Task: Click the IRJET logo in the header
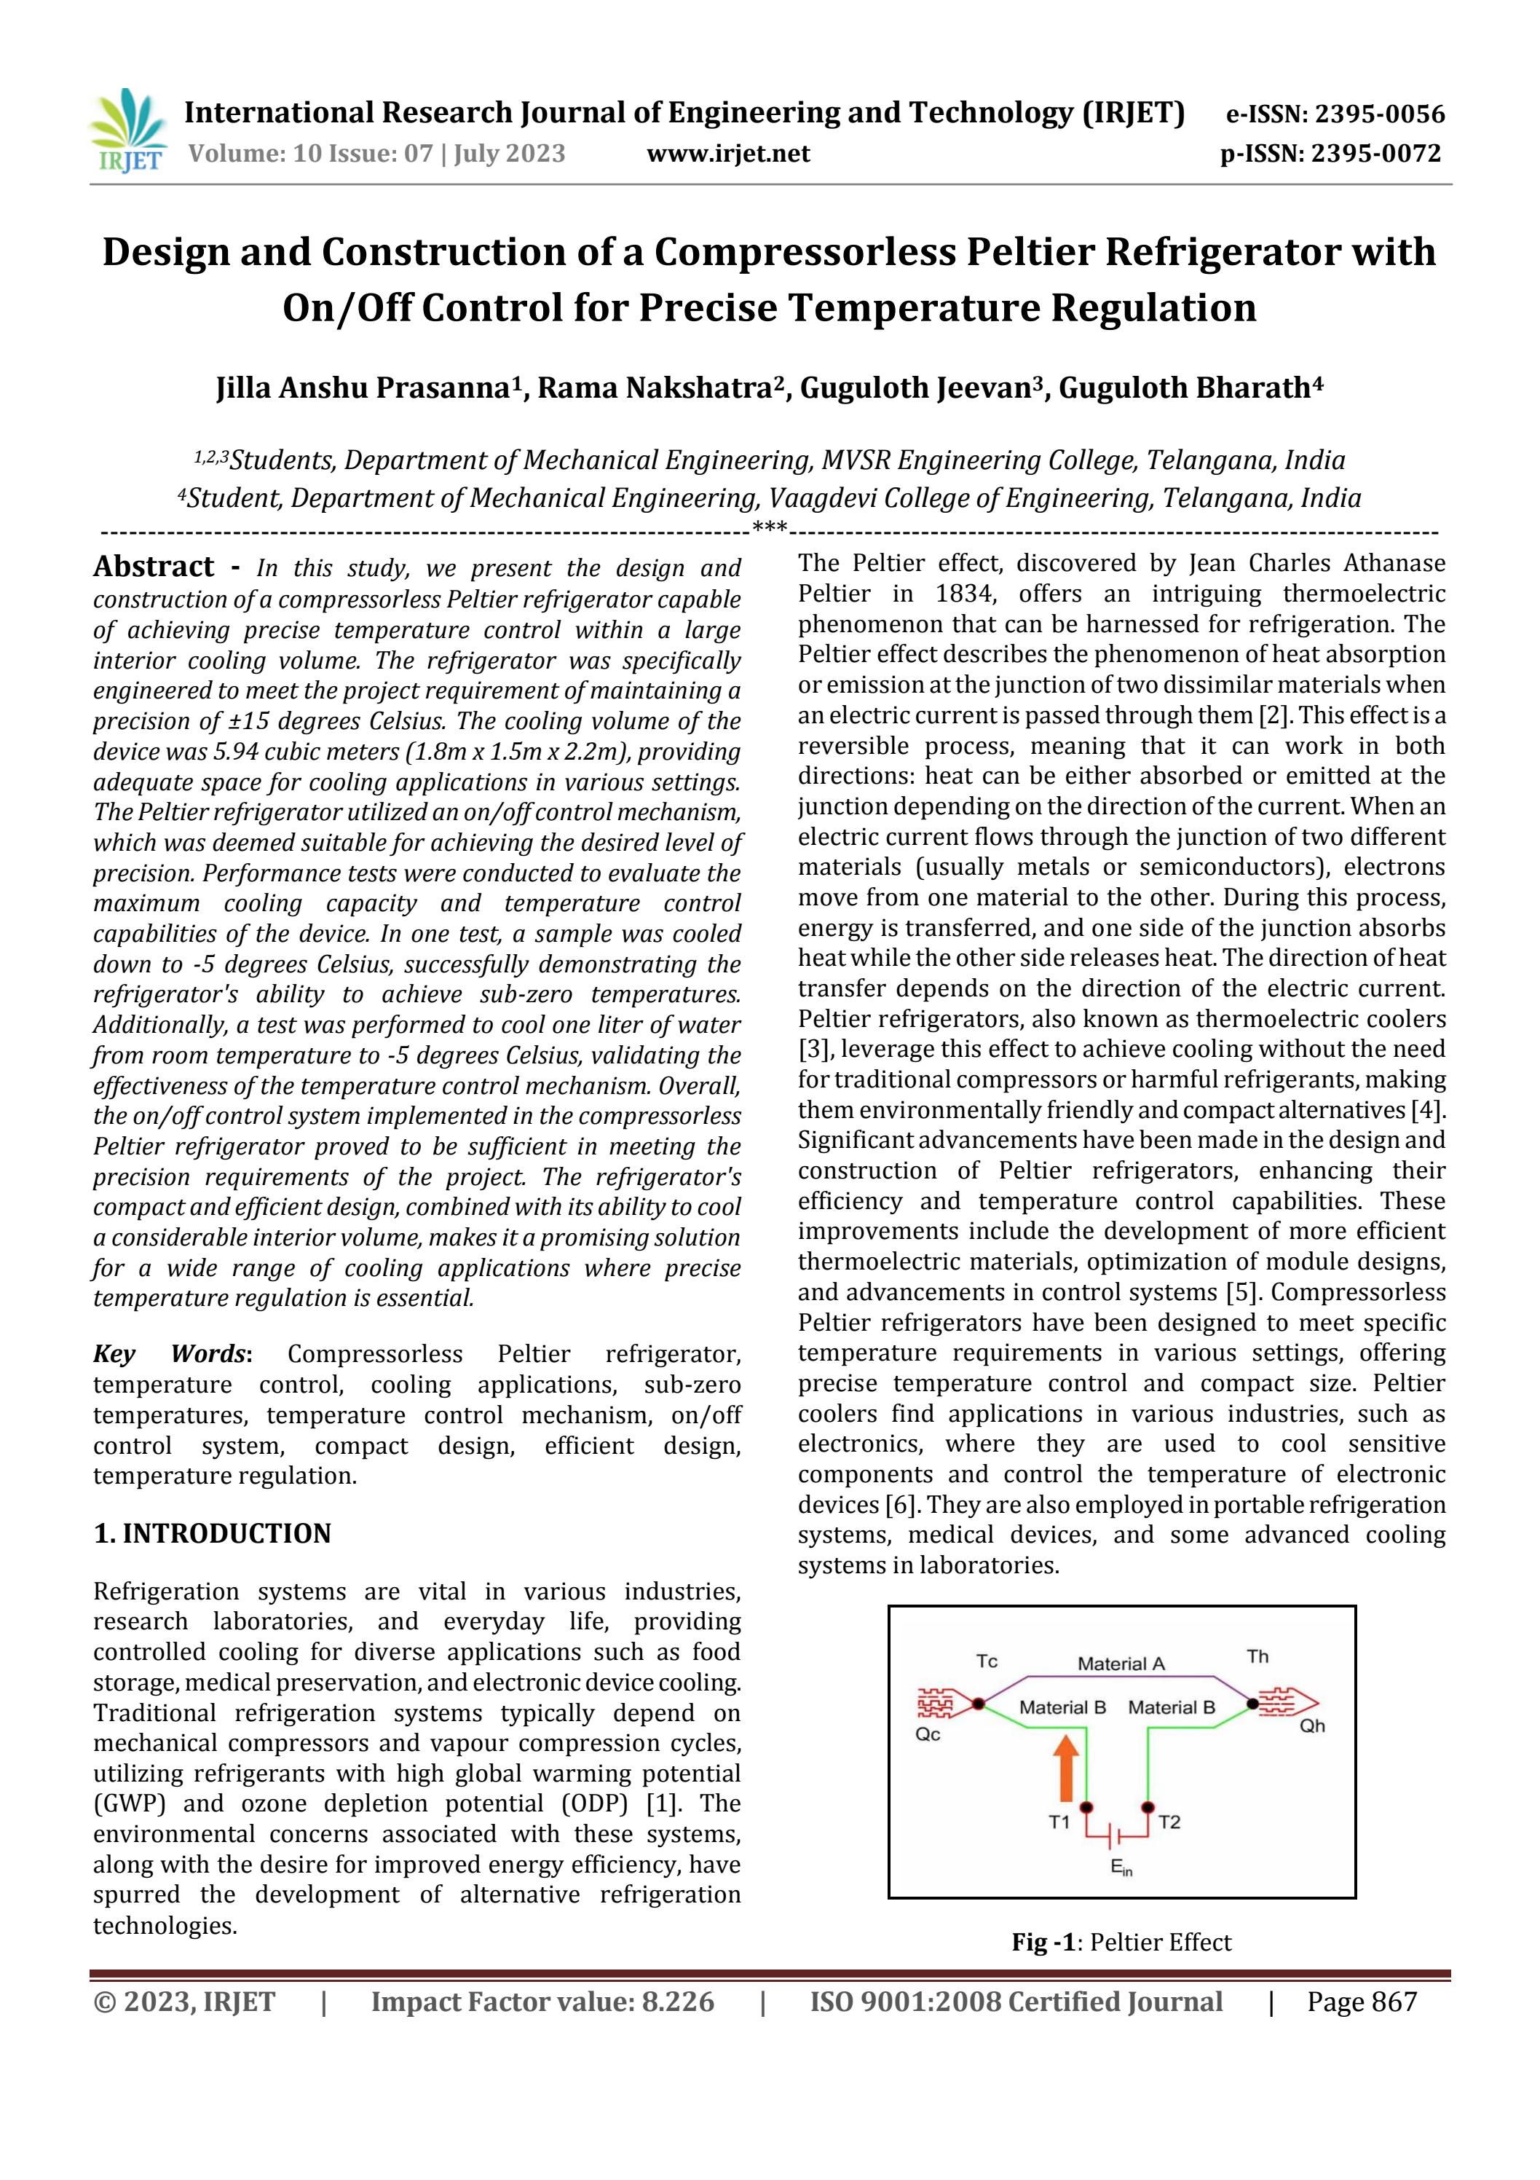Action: coord(126,131)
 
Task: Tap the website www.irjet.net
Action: coord(728,154)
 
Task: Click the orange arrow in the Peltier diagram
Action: coord(1066,1768)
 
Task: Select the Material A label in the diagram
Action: coord(1121,1664)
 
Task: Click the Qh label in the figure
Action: coord(1311,1726)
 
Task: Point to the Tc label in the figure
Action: coord(987,1661)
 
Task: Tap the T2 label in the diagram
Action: coord(1169,1822)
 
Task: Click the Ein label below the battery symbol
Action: coord(1121,1868)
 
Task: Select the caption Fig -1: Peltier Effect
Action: coord(1121,1943)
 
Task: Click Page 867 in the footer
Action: coord(1362,2002)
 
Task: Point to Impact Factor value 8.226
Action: coord(542,2002)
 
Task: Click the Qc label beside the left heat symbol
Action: coord(928,1735)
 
